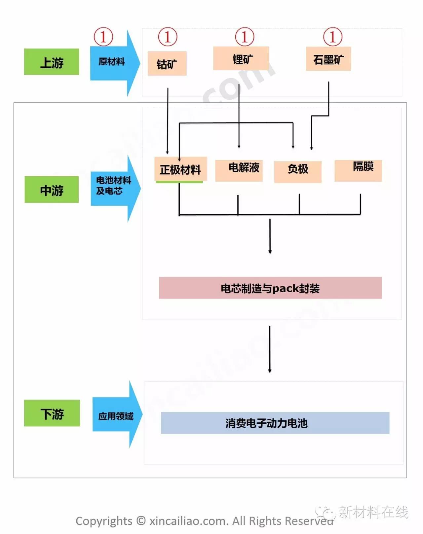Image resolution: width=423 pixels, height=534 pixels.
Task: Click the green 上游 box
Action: pos(52,62)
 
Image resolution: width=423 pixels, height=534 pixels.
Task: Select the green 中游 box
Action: pos(52,190)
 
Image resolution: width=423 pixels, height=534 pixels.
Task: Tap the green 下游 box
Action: pos(52,413)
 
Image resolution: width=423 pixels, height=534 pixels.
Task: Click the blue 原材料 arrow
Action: pos(112,62)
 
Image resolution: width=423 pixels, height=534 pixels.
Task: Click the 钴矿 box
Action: pos(167,63)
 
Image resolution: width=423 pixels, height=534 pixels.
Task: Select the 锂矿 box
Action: pos(241,59)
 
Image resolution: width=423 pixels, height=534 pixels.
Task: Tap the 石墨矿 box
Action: pos(328,59)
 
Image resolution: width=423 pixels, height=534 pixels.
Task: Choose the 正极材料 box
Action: pos(180,169)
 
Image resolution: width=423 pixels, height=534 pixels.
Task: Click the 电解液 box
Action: pos(239,170)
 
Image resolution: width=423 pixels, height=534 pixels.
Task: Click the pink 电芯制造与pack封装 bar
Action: pos(270,288)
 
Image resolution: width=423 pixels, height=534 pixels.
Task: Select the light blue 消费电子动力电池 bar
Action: pos(275,423)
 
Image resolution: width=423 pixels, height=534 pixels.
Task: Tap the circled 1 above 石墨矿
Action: pos(332,37)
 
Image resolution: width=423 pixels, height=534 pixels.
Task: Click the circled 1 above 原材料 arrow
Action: pos(103,37)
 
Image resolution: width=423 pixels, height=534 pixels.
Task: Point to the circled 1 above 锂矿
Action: pos(245,37)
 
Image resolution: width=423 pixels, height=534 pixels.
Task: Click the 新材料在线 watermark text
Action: pos(373,512)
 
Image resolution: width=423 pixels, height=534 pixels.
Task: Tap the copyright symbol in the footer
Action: pos(141,520)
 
